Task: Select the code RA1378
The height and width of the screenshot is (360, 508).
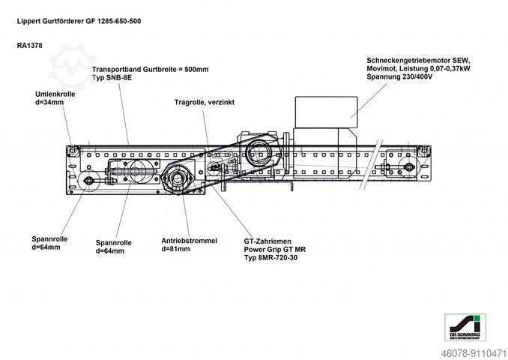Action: click(30, 46)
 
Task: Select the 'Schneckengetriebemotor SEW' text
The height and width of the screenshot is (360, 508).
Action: click(417, 59)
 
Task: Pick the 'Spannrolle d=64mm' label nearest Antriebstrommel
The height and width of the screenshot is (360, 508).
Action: click(114, 247)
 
